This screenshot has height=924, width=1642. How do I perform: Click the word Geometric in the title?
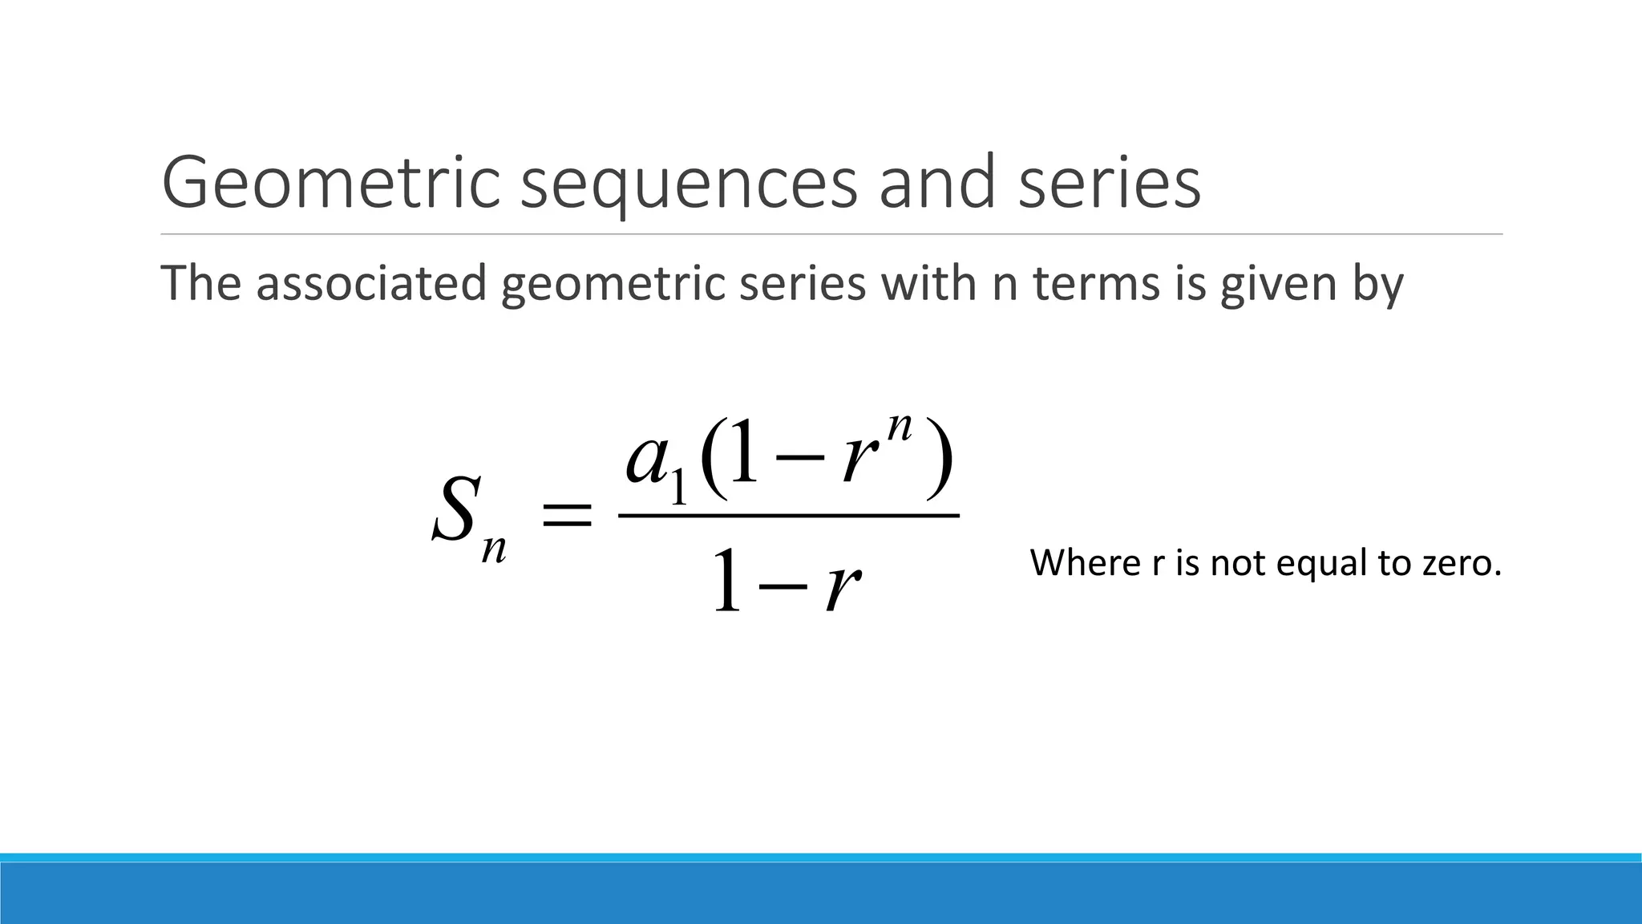click(330, 183)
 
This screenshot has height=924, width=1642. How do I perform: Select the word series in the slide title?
click(1110, 183)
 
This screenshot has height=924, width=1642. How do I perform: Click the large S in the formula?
click(456, 509)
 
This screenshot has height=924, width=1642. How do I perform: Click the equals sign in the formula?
click(568, 514)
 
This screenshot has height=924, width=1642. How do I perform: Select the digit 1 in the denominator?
click(726, 580)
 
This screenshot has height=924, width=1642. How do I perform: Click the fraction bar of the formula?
click(789, 516)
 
